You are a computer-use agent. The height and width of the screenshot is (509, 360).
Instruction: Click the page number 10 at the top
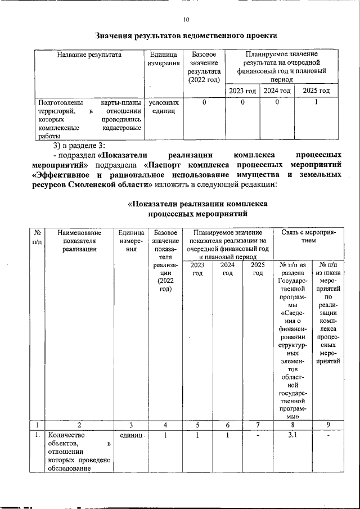186,20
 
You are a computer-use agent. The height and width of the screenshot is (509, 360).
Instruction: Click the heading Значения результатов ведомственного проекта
186,35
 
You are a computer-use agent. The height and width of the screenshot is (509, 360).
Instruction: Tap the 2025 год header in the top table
316,91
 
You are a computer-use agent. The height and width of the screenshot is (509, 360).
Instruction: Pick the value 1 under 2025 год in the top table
316,102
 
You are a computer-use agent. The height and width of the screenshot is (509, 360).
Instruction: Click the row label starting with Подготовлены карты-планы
89,119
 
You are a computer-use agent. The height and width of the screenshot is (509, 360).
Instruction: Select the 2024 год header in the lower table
228,269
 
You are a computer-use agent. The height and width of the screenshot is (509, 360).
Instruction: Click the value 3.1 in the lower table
292,435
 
